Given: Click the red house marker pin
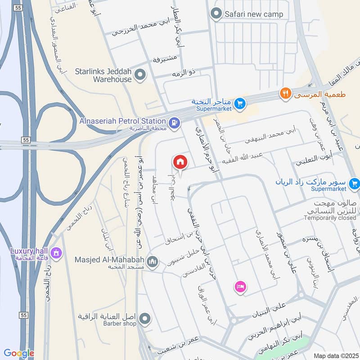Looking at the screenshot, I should click(180, 162).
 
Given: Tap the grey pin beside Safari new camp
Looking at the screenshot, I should click(217, 13).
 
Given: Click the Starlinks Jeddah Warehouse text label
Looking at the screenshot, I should click(103, 75).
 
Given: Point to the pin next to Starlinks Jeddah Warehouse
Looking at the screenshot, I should click(140, 75).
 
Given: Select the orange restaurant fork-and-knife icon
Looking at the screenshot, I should click(285, 94).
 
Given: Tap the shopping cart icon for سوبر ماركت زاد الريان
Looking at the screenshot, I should click(355, 183).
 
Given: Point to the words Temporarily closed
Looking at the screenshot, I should click(330, 218).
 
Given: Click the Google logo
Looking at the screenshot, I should click(18, 353).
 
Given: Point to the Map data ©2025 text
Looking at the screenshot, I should click(335, 355).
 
